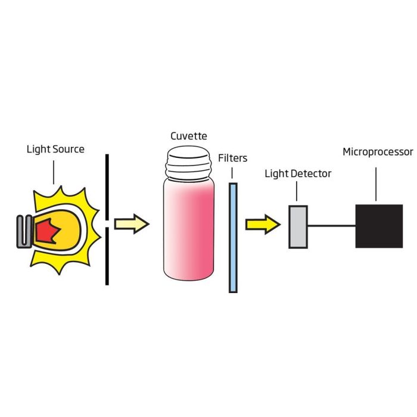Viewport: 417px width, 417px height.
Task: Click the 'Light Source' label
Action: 55,149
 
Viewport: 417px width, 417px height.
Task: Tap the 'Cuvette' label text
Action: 189,136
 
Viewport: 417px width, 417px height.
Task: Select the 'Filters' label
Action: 233,158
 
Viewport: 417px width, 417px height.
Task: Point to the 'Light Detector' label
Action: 298,174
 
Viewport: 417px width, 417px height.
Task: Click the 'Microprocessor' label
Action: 378,152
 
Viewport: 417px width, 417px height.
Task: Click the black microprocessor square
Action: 379,226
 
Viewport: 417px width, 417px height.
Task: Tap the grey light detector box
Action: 298,227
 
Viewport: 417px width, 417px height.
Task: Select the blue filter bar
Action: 233,238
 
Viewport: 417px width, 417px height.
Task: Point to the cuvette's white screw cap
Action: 188,163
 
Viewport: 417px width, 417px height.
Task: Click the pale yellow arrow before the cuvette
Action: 132,223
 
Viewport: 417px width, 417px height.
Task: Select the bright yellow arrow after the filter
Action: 263,225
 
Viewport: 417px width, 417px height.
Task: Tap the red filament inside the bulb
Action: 47,231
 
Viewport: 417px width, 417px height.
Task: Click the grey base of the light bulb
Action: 24,232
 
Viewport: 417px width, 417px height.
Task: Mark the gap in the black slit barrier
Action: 107,223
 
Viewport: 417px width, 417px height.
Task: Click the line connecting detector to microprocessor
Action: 332,226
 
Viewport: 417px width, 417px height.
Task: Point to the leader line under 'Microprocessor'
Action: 376,184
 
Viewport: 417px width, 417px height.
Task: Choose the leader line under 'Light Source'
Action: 54,172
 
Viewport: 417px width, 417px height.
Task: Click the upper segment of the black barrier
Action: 107,187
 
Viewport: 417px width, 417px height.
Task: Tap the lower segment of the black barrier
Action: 107,256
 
